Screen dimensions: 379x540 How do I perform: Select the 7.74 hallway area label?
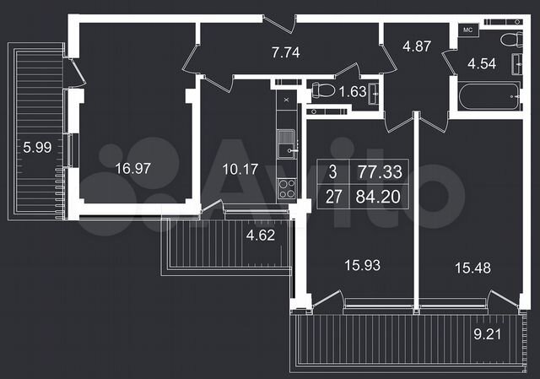pyautogui.click(x=286, y=52)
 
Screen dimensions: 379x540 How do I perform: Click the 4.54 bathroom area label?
pyautogui.click(x=483, y=63)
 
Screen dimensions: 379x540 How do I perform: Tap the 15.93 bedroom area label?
pyautogui.click(x=359, y=265)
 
